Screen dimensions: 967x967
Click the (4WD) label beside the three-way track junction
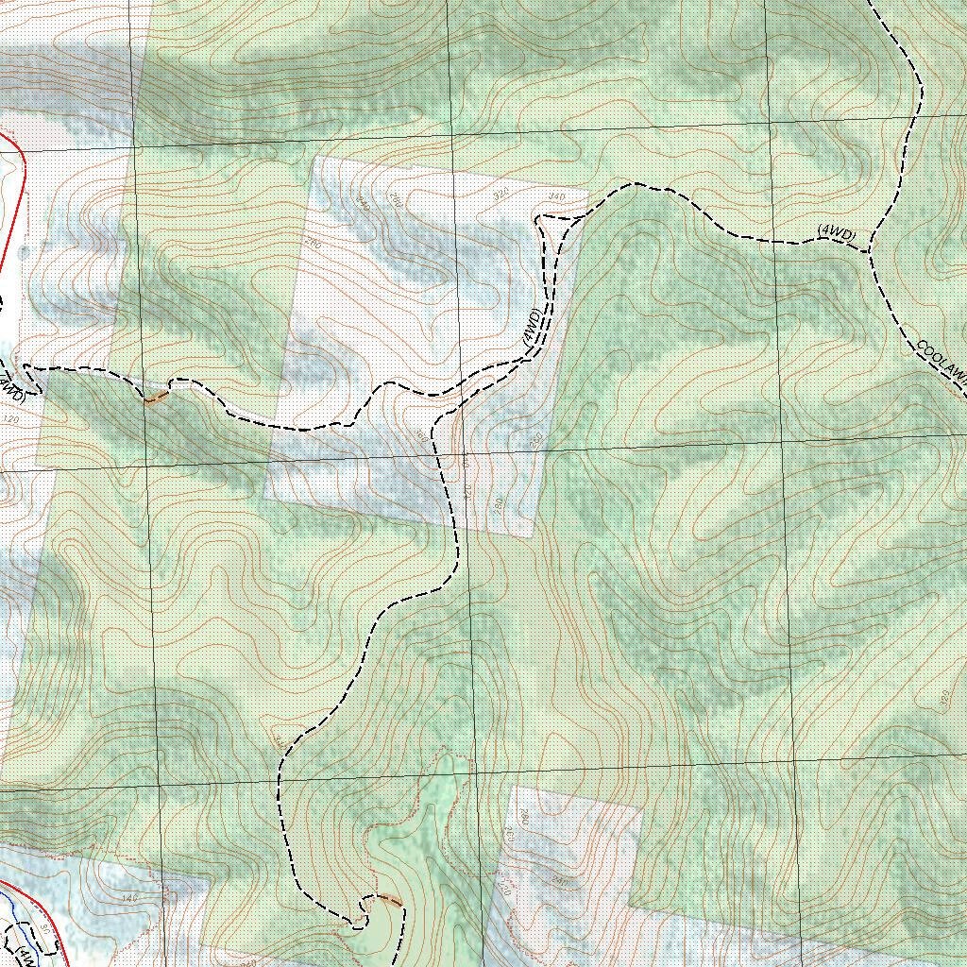click(837, 233)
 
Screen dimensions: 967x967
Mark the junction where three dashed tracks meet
click(870, 251)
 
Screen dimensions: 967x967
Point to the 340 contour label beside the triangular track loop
click(556, 196)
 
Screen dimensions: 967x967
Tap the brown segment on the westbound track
click(156, 397)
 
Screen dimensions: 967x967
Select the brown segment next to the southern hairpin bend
click(388, 899)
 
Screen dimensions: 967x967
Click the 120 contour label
click(12, 417)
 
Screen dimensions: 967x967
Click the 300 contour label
click(422, 436)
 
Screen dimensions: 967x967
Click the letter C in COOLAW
click(922, 345)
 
